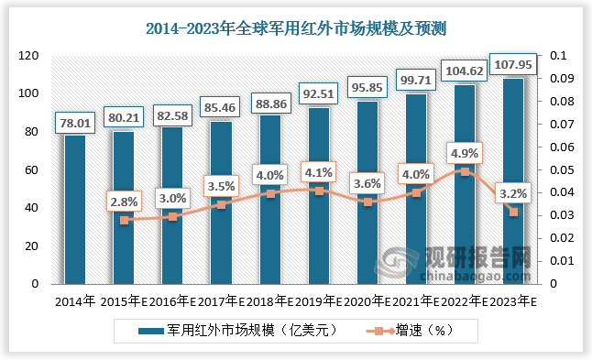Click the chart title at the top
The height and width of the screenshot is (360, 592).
click(296, 28)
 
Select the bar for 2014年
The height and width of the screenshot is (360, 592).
click(75, 210)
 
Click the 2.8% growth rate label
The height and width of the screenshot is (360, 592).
click(125, 201)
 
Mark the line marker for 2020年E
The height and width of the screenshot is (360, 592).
click(367, 202)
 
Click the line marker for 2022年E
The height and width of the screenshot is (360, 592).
click(465, 171)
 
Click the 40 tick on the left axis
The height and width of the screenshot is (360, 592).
click(31, 208)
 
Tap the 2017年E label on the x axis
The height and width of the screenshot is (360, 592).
click(222, 300)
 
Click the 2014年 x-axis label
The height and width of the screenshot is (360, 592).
click(75, 300)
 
